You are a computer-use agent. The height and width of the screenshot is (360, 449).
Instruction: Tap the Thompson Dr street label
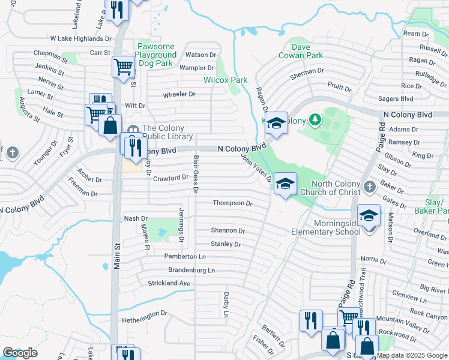tap(233, 203)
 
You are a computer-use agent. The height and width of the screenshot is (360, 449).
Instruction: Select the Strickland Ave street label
tap(169, 283)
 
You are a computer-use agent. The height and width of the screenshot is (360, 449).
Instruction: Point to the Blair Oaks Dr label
tap(196, 174)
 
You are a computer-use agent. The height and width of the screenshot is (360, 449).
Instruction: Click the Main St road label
tap(118, 258)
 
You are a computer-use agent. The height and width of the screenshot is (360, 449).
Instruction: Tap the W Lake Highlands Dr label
tap(81, 38)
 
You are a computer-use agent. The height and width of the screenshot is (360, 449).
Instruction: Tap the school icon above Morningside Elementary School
tap(369, 214)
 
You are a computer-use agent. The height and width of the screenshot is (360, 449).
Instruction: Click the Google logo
tap(20, 353)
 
